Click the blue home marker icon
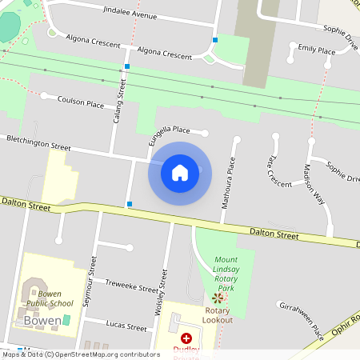(180, 172)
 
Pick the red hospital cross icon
(186, 338)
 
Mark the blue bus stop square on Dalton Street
(130, 204)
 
